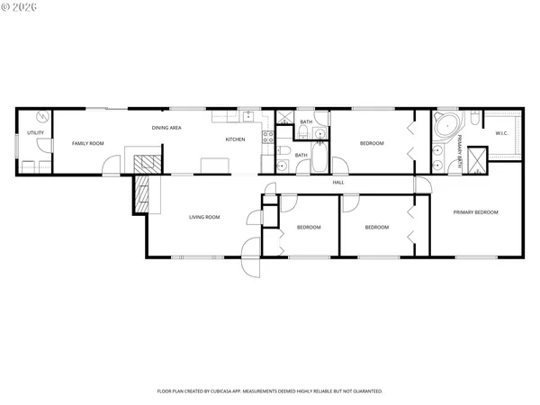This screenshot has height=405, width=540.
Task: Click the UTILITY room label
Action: pyautogui.click(x=35, y=133)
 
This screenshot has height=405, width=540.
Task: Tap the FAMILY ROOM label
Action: pyautogui.click(x=88, y=143)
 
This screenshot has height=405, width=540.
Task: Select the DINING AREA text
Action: pyautogui.click(x=166, y=128)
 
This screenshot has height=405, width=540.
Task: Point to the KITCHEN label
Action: pyautogui.click(x=235, y=139)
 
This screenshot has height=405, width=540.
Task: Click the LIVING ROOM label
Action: pyautogui.click(x=204, y=217)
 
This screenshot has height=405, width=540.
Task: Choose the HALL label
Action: pyautogui.click(x=338, y=183)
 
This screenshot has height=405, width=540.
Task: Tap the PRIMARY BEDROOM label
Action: pyautogui.click(x=476, y=212)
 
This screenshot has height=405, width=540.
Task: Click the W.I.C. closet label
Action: pyautogui.click(x=502, y=133)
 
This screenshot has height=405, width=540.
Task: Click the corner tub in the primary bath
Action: pyautogui.click(x=445, y=124)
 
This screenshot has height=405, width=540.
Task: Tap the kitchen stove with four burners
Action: pyautogui.click(x=267, y=137)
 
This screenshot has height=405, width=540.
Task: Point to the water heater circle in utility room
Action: pyautogui.click(x=40, y=118)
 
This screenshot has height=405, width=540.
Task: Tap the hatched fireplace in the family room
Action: pyautogui.click(x=145, y=165)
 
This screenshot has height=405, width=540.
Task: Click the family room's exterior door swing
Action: pyautogui.click(x=111, y=164)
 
